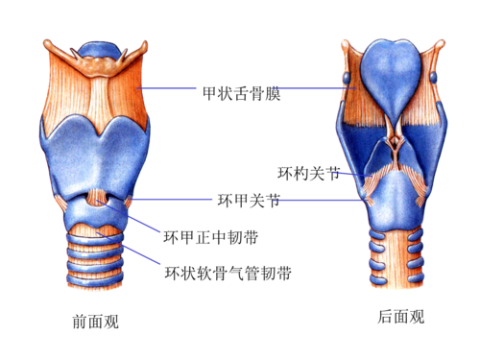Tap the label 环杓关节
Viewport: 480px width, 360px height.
308,174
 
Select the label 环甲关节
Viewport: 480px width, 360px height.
249,201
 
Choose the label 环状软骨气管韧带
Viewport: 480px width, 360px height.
227,273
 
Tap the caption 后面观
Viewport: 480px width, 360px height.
400,317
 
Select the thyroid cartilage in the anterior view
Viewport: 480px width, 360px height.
96,154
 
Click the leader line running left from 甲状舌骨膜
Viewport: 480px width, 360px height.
170,89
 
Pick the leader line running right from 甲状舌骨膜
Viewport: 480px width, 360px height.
312,89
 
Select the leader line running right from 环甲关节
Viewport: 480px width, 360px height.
317,201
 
